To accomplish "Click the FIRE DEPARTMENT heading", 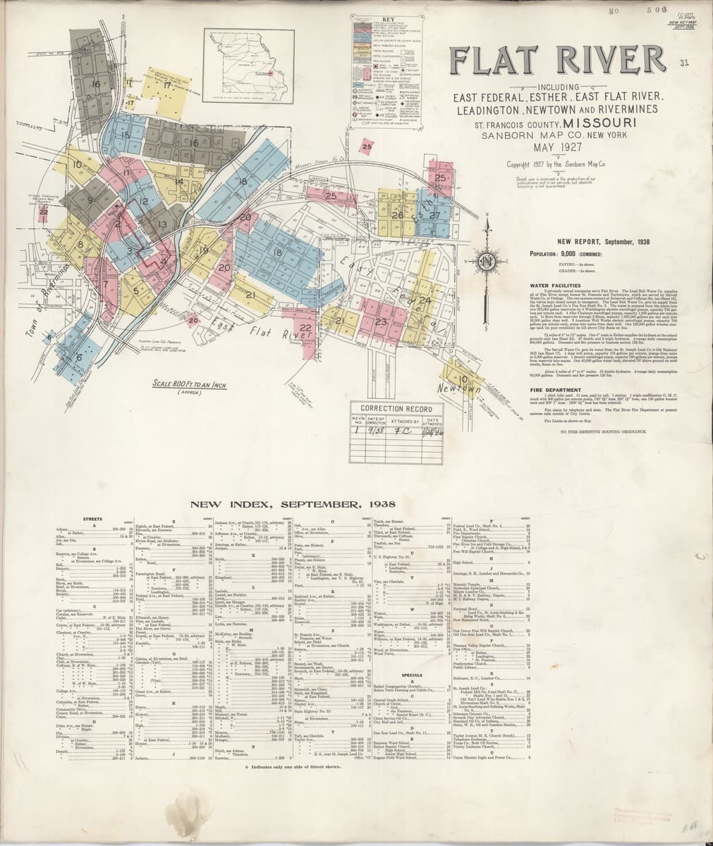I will coord(555,389).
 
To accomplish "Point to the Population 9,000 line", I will coord(570,253).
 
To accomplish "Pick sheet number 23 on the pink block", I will coord(382,322).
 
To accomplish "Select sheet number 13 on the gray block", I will coord(162,225).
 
